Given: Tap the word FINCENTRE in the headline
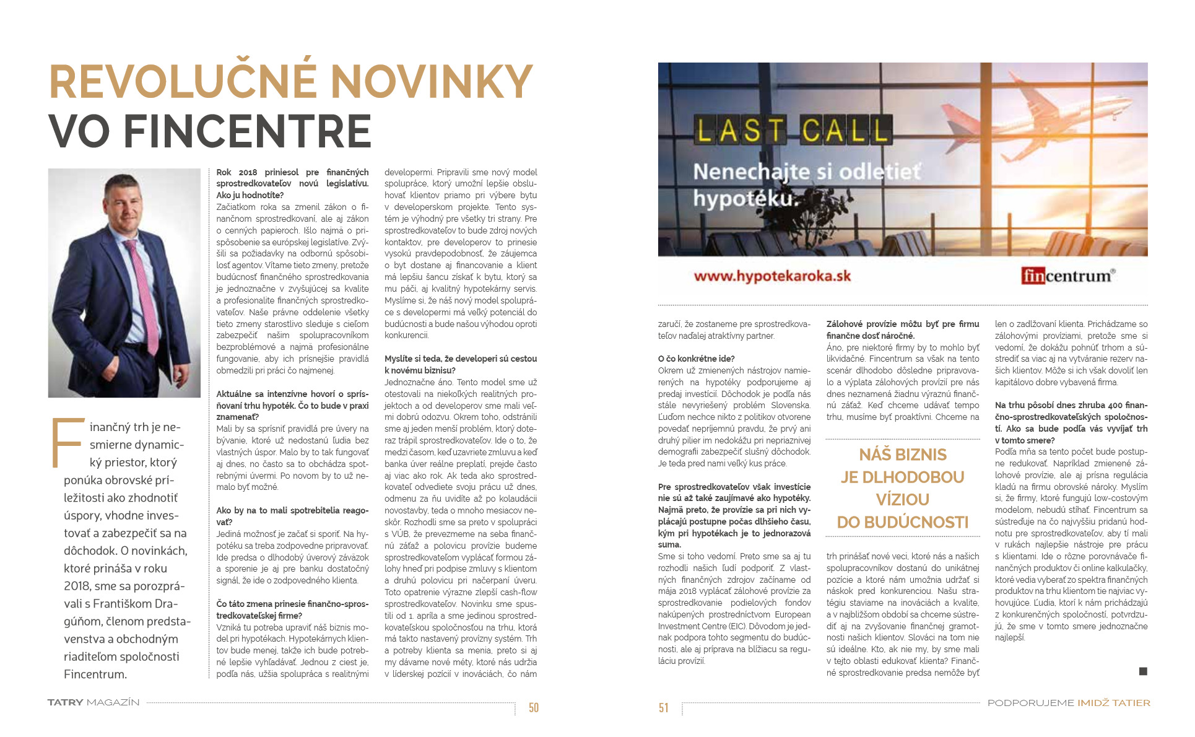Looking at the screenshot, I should [247, 131].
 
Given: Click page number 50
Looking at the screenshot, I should [533, 708].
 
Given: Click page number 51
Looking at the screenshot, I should [664, 708].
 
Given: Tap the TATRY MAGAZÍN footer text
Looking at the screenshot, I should [93, 703].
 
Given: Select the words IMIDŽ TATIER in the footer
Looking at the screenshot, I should [1113, 703].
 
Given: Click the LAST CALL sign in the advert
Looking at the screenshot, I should [792, 131].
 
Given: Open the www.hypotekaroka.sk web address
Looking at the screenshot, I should [772, 276].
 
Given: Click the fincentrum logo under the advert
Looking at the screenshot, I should [1067, 276].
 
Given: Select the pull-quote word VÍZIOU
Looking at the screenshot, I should [902, 500].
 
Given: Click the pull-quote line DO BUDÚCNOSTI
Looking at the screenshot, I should [902, 523].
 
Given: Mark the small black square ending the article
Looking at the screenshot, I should [1143, 671].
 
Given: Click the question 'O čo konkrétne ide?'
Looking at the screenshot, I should [696, 359].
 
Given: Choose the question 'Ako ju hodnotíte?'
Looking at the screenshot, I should [250, 195].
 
